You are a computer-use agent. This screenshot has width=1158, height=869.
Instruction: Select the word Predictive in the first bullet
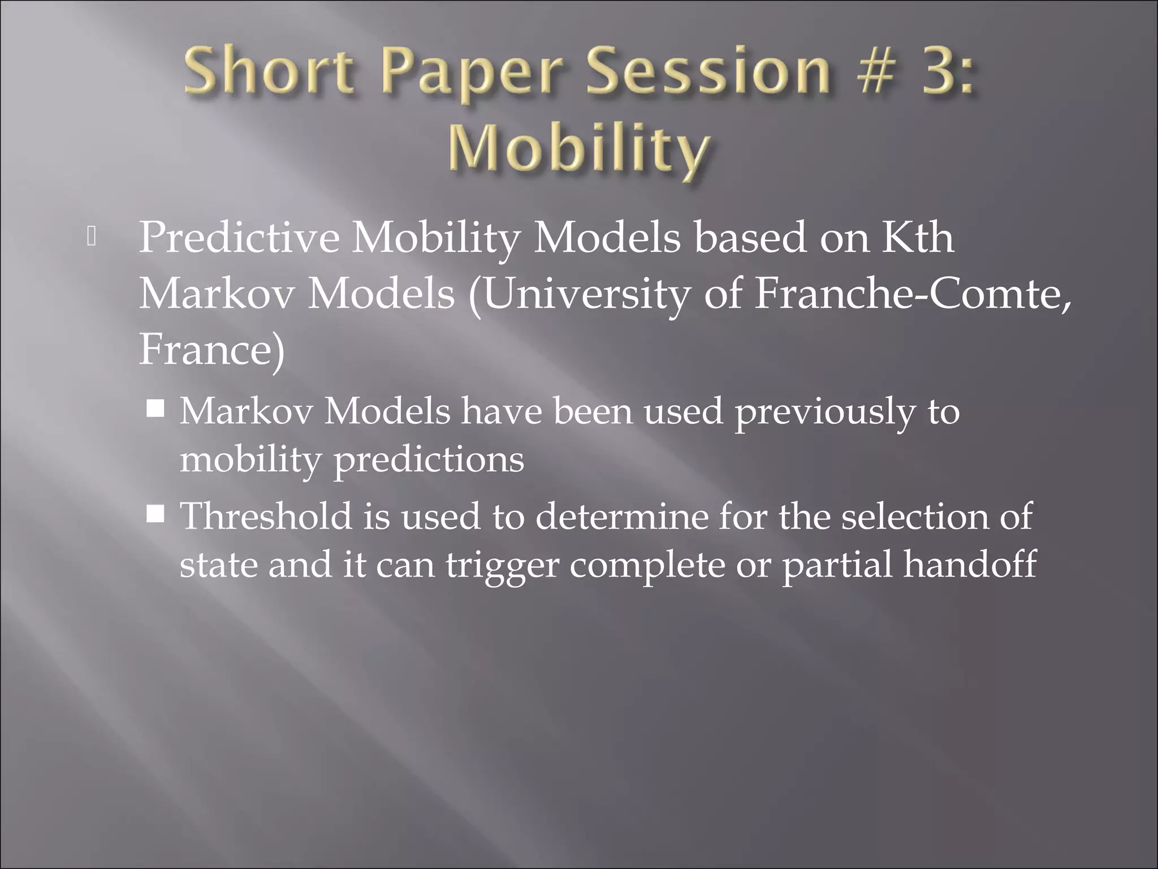pos(239,238)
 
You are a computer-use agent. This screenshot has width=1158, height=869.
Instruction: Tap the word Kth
pos(919,238)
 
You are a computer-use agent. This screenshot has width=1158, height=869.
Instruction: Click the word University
pos(586,294)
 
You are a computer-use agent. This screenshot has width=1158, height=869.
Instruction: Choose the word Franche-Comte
pos(911,294)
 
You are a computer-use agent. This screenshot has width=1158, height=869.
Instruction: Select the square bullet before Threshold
pos(155,514)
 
